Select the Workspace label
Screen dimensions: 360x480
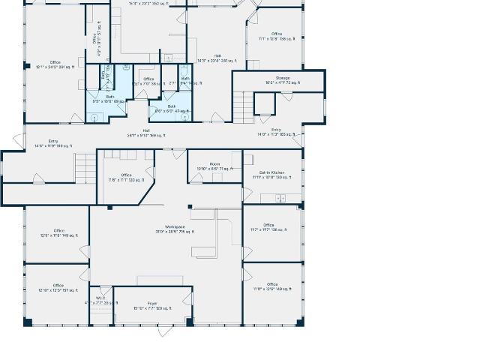tap(175, 229)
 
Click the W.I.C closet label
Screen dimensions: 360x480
tap(100, 299)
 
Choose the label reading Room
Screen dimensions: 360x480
tap(214, 166)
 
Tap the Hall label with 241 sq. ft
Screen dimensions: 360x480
tap(217, 58)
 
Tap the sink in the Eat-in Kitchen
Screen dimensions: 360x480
tap(280, 198)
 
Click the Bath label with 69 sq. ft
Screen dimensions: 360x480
tap(110, 98)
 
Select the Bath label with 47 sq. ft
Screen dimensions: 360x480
tap(172, 108)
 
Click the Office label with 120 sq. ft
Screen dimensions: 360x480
tap(126, 177)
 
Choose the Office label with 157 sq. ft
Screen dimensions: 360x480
tap(58, 287)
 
